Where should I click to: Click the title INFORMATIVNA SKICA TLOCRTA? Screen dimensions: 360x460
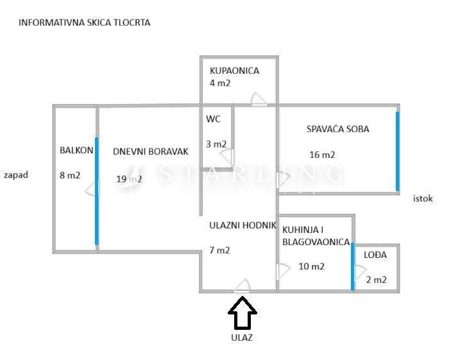(85, 22)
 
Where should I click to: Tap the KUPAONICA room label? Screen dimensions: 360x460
(234, 71)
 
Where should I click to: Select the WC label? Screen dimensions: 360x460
(213, 119)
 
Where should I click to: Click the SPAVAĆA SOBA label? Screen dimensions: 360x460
(337, 129)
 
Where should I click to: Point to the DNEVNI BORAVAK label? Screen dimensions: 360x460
(151, 151)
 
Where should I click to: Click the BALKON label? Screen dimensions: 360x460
(76, 150)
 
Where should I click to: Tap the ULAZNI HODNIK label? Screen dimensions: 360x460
(243, 225)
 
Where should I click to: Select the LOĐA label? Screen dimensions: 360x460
(375, 255)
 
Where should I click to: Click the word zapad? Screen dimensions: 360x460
(16, 175)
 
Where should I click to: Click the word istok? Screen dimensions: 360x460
(423, 198)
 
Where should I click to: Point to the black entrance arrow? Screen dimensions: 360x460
(243, 314)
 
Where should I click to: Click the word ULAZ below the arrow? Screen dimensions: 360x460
(242, 338)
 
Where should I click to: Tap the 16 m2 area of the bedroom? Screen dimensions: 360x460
(322, 155)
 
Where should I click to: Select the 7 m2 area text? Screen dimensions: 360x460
(219, 250)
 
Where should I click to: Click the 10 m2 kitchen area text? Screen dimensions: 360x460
(312, 266)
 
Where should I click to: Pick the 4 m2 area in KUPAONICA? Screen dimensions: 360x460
(220, 83)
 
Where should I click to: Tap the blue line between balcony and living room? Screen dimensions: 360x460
(97, 191)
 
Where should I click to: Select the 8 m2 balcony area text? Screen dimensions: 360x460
(69, 175)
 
